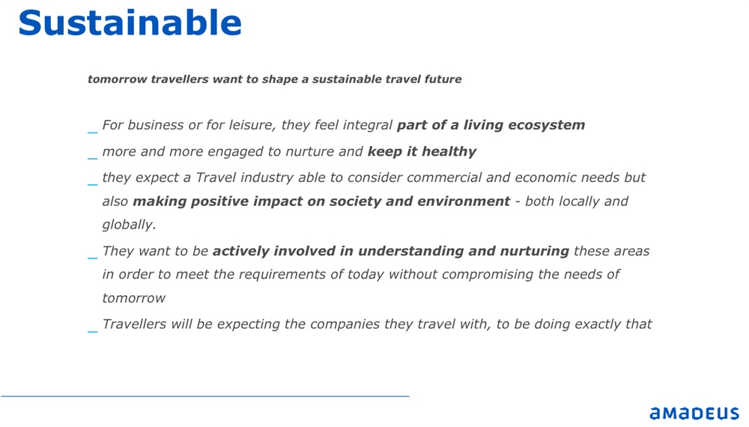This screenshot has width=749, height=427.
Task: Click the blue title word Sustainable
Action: [130, 22]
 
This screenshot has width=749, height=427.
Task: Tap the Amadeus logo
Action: [694, 414]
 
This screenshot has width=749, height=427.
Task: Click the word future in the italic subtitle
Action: [443, 79]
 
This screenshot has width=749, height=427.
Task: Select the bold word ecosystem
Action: [547, 125]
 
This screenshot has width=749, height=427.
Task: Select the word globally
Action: [129, 225]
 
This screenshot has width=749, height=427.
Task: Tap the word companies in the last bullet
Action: [345, 324]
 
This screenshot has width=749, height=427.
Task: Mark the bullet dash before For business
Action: [93, 133]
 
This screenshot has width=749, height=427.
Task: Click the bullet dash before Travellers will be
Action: [93, 331]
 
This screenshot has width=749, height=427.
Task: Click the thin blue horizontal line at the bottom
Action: [205, 396]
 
